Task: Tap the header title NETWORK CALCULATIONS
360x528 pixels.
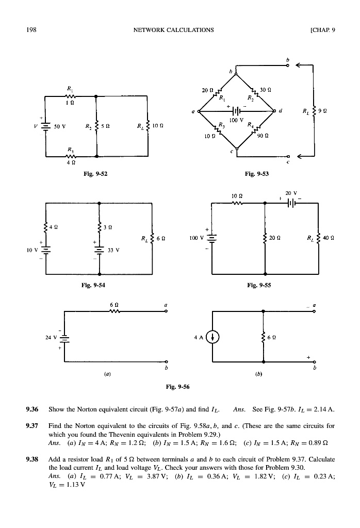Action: pos(173,29)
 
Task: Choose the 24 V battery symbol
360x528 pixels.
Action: pos(64,338)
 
